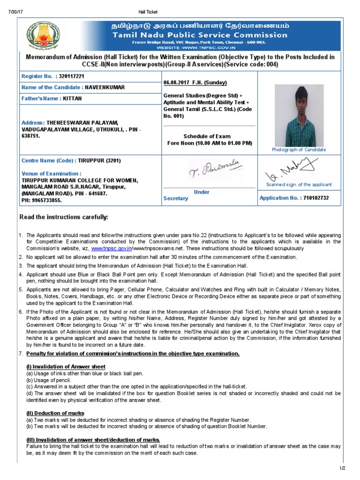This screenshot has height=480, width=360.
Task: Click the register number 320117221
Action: [71, 76]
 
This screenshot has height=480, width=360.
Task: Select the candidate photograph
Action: [299, 115]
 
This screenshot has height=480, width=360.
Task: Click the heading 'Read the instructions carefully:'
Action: [63, 217]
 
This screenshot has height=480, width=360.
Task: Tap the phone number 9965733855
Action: [48, 200]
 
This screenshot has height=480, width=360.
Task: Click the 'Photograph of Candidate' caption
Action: [299, 150]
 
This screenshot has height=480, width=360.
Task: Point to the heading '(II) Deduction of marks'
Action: [55, 413]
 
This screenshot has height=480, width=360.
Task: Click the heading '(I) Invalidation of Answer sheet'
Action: [65, 366]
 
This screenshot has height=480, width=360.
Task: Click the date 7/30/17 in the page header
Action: [15, 12]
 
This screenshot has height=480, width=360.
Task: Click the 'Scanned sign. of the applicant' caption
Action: [299, 185]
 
